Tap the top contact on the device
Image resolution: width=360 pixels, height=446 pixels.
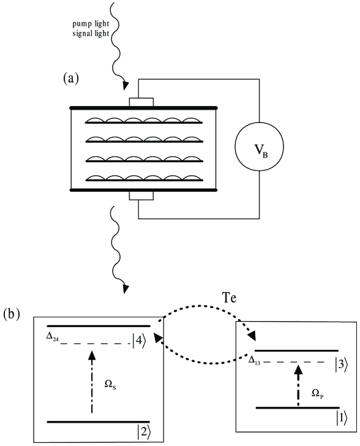[x=141, y=102]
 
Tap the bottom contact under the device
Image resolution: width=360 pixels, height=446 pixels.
[x=141, y=195]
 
